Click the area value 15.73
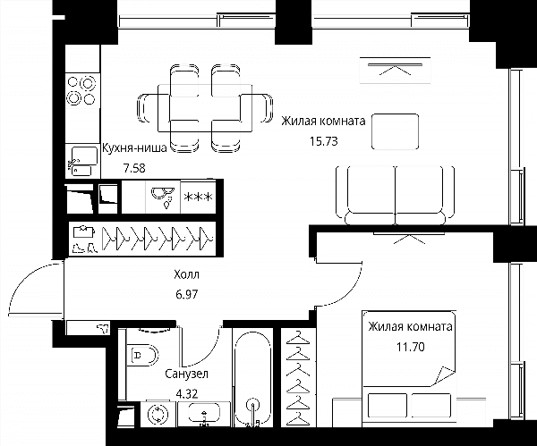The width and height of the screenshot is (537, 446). (324, 141)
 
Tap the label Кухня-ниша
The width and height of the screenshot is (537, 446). (134, 147)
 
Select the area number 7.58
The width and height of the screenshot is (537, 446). (134, 168)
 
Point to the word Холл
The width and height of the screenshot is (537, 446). (186, 274)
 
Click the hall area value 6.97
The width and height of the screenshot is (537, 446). (187, 294)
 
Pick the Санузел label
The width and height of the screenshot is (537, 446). (187, 374)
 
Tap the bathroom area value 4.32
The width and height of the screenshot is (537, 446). (187, 394)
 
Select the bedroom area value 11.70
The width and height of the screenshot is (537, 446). (411, 347)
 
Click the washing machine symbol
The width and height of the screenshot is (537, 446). (158, 414)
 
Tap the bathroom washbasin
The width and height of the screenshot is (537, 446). (204, 414)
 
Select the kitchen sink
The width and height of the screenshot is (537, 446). (82, 161)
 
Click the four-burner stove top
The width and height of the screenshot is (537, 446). (81, 90)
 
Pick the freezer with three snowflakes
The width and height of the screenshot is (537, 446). (199, 197)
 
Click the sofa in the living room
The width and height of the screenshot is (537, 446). (396, 195)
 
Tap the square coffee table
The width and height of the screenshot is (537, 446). (396, 131)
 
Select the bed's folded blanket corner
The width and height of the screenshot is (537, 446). (444, 375)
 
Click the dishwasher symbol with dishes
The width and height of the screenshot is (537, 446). (163, 197)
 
